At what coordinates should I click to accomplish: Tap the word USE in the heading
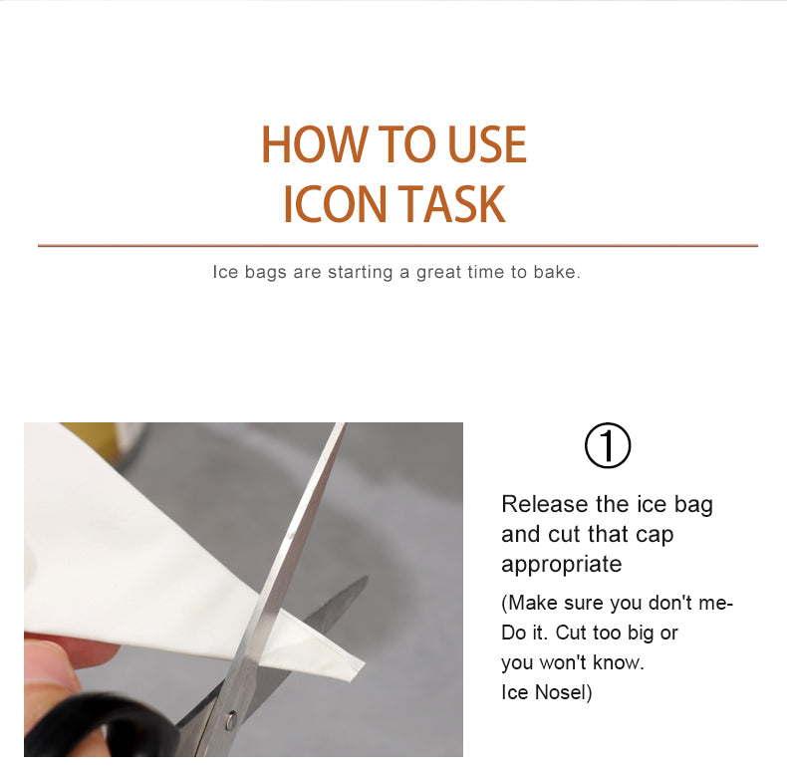point(487,144)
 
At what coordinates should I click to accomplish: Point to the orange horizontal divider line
point(397,246)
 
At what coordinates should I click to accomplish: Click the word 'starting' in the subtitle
point(360,272)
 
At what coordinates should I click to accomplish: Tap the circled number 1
point(608,445)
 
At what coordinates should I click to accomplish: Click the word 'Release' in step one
point(545,504)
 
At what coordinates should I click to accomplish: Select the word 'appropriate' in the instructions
point(562,565)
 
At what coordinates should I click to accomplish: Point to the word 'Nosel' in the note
point(560,692)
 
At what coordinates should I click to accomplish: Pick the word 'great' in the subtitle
point(438,273)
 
